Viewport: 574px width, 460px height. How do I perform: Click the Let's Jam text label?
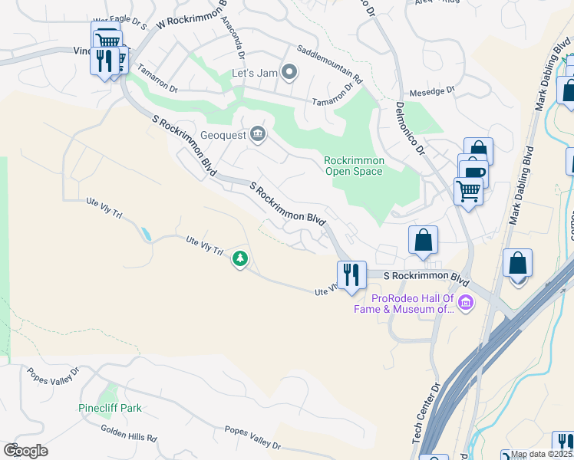click(254, 74)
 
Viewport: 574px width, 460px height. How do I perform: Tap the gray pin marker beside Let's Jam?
click(289, 73)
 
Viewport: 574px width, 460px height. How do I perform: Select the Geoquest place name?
click(222, 136)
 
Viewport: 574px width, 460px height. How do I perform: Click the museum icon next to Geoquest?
click(257, 136)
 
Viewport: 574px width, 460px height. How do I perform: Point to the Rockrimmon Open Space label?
click(353, 166)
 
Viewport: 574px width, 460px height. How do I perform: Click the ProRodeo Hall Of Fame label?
click(415, 304)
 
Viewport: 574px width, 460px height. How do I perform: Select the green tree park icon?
click(240, 259)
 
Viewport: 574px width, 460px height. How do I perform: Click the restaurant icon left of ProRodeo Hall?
click(351, 274)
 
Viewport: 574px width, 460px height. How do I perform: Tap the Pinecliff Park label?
click(110, 409)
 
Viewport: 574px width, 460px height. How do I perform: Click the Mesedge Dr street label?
click(434, 90)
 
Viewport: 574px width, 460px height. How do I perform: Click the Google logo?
click(25, 451)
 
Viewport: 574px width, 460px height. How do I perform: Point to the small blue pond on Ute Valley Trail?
click(146, 233)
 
